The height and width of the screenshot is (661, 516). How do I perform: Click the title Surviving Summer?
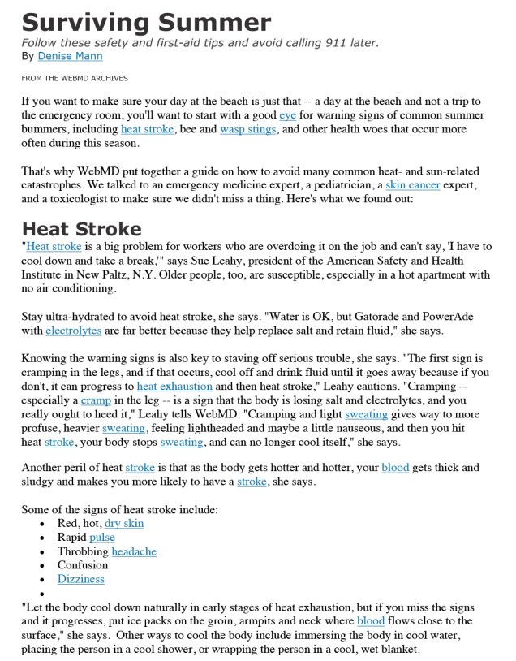[146, 21]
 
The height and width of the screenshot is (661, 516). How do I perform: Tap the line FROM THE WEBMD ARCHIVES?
[75, 79]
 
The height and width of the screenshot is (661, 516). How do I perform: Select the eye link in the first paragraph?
[288, 115]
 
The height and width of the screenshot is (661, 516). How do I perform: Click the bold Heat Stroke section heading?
[82, 228]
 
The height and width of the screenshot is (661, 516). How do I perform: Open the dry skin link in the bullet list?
[124, 524]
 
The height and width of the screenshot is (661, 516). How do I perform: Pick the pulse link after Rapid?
[101, 538]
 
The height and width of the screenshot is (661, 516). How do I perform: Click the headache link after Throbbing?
[134, 551]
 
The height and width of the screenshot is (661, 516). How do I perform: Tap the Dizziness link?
[80, 579]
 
